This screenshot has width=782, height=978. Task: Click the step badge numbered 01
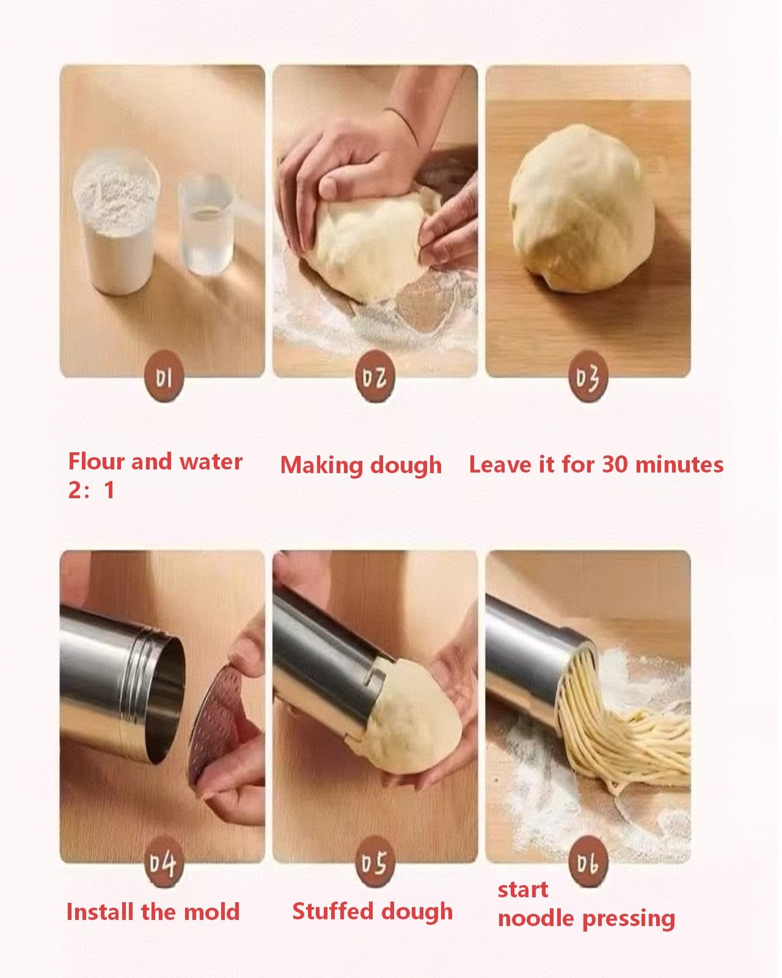(164, 377)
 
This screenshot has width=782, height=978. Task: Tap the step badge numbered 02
(375, 377)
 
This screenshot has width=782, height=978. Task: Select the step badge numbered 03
(588, 377)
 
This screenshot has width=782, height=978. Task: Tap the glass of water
(206, 224)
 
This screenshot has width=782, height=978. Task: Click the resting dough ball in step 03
(582, 209)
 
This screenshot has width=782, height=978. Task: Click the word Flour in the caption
(96, 461)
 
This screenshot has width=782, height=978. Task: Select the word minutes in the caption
(680, 465)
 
